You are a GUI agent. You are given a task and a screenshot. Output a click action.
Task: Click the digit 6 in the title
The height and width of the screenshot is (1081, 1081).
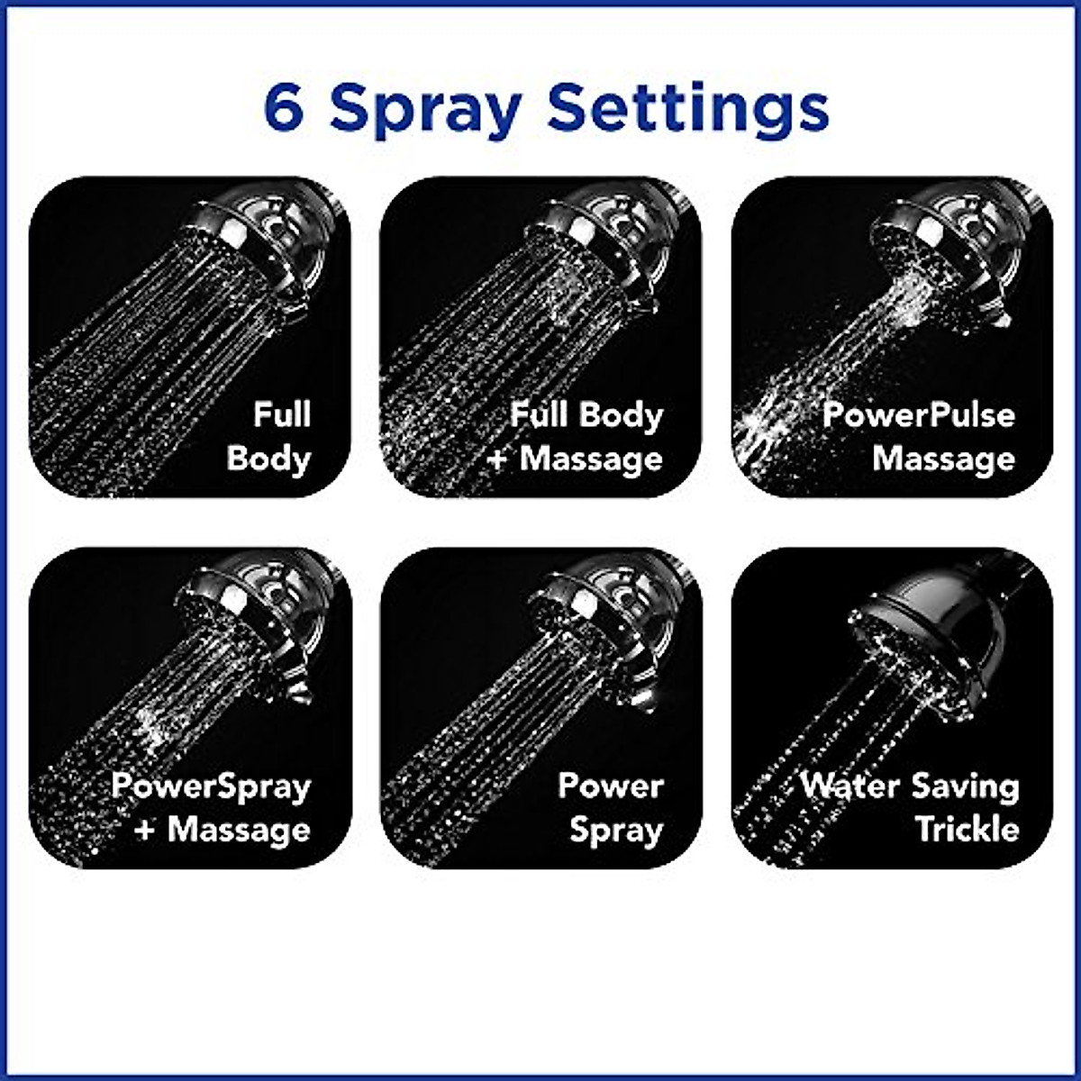(284, 108)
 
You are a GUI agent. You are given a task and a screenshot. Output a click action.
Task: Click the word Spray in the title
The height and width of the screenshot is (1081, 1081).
(425, 110)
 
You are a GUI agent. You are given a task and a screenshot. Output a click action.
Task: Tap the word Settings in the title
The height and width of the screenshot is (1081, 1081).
(687, 110)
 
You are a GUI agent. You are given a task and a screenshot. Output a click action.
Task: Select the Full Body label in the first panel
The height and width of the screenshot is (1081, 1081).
(268, 436)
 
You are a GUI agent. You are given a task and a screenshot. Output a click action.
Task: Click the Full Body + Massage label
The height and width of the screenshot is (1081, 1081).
(577, 436)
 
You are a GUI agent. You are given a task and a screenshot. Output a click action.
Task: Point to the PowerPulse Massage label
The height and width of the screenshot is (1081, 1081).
(919, 436)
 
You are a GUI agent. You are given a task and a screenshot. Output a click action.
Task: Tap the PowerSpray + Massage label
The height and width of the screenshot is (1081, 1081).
(213, 807)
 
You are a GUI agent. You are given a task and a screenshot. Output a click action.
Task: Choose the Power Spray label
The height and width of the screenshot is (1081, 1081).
(611, 807)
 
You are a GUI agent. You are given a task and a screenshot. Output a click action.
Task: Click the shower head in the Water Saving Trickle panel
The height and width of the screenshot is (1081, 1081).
(928, 631)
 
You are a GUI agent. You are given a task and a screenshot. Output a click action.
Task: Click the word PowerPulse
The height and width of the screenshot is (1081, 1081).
(919, 415)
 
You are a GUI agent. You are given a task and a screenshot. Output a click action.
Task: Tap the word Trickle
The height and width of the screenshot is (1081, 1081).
(967, 829)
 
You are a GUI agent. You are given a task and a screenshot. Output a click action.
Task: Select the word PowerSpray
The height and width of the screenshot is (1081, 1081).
(213, 786)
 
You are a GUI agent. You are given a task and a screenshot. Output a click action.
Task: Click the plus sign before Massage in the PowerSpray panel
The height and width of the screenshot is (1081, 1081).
(144, 830)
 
